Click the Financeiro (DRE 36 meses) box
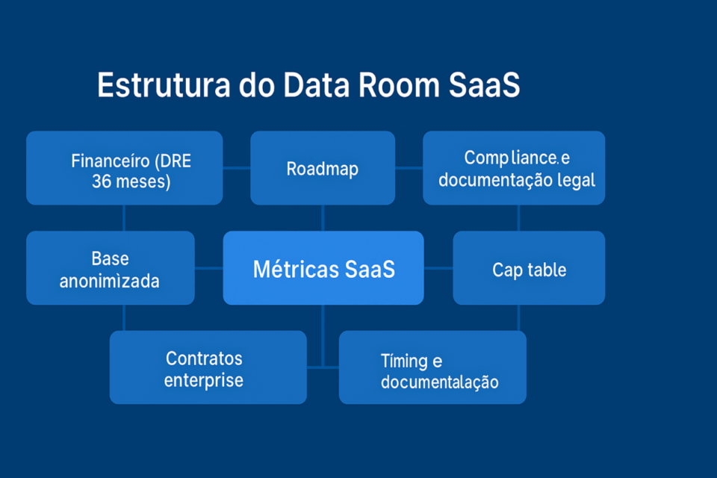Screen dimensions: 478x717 coord(124,168)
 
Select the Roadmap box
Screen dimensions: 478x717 coord(323,168)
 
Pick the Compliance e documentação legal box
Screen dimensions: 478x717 coord(514,168)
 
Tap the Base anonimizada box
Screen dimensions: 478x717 coord(110,267)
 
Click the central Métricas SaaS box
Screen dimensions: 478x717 coord(323,267)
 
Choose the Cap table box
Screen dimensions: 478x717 coord(529,267)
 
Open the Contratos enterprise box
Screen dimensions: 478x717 coord(208,367)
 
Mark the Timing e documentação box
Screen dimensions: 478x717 coord(432,367)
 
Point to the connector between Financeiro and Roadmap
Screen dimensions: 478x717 coord(236,168)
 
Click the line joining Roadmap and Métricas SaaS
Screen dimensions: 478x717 coord(323,217)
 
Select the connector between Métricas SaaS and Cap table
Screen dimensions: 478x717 coord(438,267)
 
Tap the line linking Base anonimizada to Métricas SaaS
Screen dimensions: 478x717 coord(209,267)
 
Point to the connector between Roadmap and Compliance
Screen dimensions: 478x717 coord(409,168)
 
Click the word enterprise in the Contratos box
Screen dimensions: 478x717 coord(204,380)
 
